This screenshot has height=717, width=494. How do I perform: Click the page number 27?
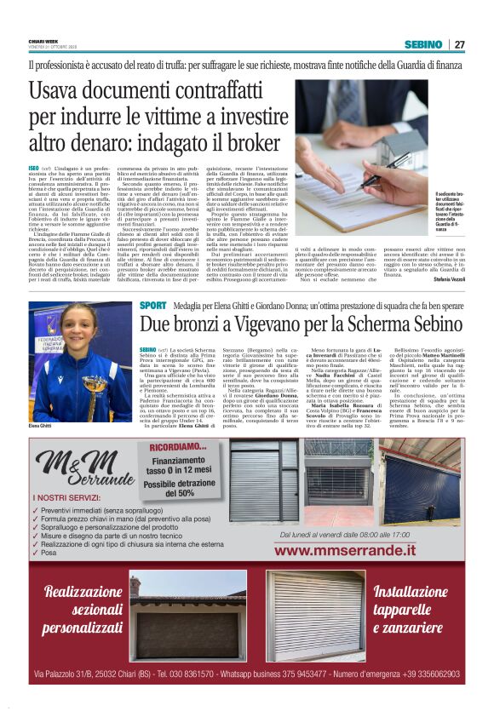[459, 44]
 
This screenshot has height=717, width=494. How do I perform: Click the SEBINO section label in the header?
[422, 44]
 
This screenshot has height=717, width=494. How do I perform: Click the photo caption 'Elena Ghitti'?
[41, 426]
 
